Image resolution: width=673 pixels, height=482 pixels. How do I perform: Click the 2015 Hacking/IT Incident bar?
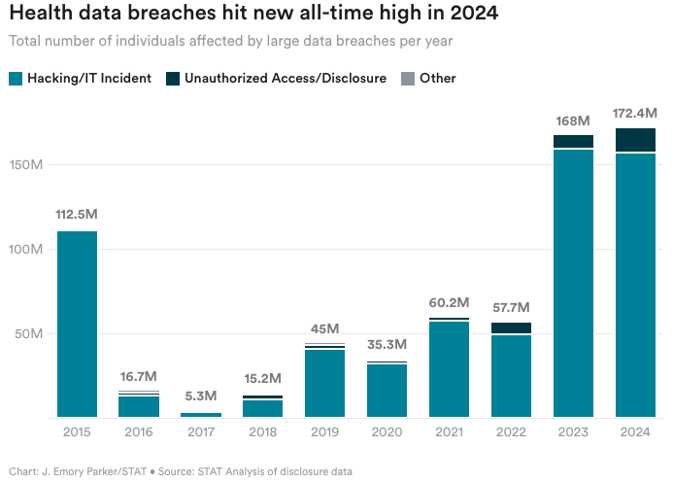[x=77, y=324]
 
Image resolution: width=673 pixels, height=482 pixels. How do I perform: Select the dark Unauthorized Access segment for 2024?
[x=635, y=140]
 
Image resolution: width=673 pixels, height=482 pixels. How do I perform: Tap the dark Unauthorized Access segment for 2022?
[x=511, y=328]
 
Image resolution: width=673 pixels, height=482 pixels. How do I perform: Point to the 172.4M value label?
[x=635, y=114]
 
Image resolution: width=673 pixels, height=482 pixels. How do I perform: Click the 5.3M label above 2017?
[x=201, y=396]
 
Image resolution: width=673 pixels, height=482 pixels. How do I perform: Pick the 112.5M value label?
[x=77, y=214]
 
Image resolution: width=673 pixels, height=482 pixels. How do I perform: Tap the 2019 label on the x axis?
[x=325, y=431]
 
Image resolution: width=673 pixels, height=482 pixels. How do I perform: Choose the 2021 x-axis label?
[x=449, y=431]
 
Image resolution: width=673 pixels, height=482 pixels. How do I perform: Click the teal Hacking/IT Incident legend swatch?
[x=15, y=78]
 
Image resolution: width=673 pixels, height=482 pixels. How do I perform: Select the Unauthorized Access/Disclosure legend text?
[x=286, y=78]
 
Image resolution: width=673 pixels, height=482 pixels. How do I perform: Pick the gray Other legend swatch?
[x=407, y=78]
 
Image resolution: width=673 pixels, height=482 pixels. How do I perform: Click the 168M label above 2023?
[x=573, y=120]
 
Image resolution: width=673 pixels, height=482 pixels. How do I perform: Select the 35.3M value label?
[x=387, y=344]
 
